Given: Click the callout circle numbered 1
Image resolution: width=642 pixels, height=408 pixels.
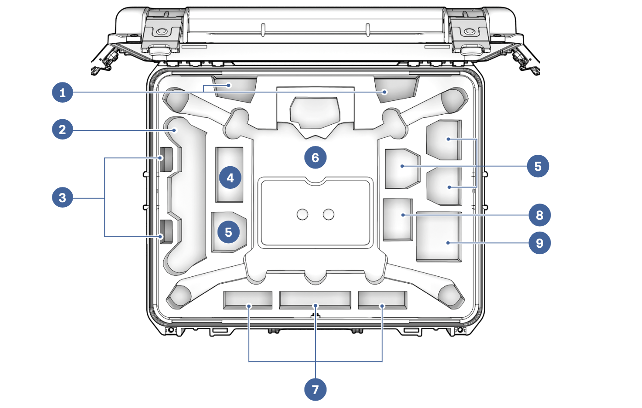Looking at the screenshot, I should tap(63, 93).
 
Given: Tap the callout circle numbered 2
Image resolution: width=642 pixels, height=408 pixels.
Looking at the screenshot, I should tap(63, 129).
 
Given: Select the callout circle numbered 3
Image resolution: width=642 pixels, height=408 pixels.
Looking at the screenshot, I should tap(63, 198).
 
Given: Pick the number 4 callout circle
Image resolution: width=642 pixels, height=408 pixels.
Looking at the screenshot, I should tap(230, 177).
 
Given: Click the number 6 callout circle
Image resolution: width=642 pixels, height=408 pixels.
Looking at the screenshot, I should tap(315, 157).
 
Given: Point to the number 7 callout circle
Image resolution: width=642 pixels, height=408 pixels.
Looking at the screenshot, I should tap(315, 390).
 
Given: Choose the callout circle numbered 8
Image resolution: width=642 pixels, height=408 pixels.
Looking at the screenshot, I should tap(539, 215).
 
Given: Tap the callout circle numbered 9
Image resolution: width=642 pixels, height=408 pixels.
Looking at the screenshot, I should tap(539, 243).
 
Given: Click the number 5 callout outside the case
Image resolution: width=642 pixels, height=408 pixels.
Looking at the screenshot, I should tap(538, 166).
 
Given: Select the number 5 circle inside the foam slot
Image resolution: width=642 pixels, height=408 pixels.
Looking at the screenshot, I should tap(229, 232).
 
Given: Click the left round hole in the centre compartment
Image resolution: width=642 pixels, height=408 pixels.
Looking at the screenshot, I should tap(302, 214).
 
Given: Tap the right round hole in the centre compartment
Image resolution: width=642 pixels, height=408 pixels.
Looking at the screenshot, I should tap(328, 214).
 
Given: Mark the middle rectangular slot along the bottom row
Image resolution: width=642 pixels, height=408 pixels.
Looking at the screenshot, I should tap(315, 300).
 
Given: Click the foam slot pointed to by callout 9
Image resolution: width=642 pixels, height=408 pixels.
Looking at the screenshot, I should tap(439, 237).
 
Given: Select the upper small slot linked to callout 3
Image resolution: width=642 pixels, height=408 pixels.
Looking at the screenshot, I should tap(166, 159).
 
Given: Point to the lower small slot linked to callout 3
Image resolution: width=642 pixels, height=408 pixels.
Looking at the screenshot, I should tap(166, 232).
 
